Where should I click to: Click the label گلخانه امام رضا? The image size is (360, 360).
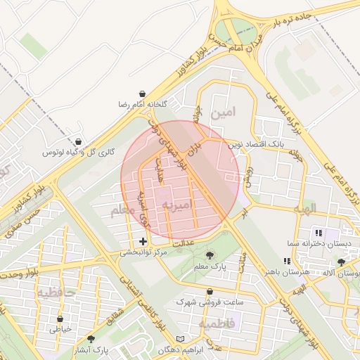click(x=143, y=104)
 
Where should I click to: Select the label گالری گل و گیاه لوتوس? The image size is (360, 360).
click(x=78, y=152)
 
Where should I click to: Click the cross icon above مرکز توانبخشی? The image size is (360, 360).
click(x=143, y=241)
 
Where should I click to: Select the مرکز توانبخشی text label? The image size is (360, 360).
click(x=143, y=252)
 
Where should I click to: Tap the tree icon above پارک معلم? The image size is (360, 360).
click(x=210, y=255)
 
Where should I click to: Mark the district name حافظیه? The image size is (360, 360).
click(x=56, y=291)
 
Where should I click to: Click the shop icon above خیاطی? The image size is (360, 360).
click(x=60, y=319)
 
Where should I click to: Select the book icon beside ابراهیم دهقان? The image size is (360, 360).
click(x=181, y=339)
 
